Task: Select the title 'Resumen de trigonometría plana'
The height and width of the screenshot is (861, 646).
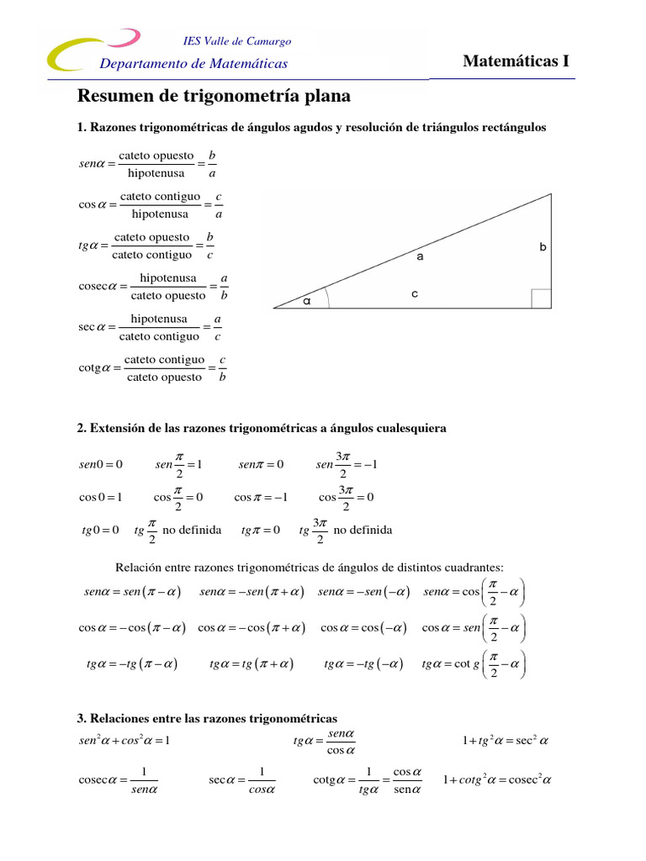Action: [x=214, y=97]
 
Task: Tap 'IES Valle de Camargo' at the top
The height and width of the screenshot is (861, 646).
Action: [x=236, y=41]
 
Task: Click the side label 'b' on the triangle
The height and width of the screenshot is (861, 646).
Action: [x=543, y=247]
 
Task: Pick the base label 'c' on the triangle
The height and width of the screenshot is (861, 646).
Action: [x=415, y=293]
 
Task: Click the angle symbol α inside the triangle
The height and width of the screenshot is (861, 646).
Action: [x=307, y=300]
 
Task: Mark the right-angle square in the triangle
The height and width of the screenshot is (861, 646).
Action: [x=541, y=298]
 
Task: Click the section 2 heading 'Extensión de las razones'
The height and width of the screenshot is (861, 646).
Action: [x=262, y=428]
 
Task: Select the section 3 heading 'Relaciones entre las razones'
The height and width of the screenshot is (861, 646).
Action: [x=207, y=718]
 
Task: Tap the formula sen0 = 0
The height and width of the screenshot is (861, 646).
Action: [x=101, y=464]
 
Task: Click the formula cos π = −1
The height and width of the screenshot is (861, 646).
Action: [x=261, y=497]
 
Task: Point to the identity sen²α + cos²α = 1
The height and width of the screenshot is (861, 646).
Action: [x=124, y=741]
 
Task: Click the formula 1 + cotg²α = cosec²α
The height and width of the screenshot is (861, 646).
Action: [x=496, y=779]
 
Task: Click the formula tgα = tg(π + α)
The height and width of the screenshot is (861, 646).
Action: [x=251, y=664]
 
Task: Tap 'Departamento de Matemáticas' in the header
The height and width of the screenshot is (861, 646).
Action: [x=193, y=64]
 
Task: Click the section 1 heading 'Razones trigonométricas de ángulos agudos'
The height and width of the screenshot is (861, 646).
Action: [x=311, y=128]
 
